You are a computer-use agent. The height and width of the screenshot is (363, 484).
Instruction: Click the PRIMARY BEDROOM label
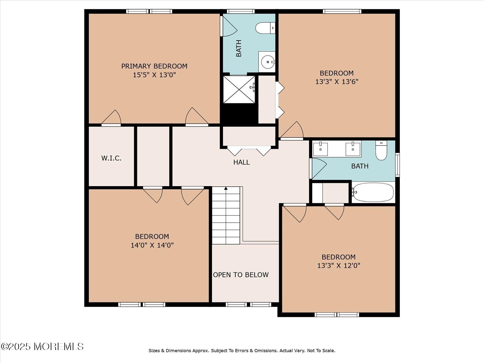(x=154, y=66)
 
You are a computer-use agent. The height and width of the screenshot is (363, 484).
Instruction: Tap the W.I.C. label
(x=111, y=158)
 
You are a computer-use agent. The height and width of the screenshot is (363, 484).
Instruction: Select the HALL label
(x=241, y=162)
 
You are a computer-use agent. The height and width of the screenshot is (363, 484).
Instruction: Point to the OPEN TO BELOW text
(x=241, y=275)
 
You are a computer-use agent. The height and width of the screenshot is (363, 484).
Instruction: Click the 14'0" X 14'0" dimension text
(x=152, y=245)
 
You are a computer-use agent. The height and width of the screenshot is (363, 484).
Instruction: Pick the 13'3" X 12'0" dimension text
(x=338, y=266)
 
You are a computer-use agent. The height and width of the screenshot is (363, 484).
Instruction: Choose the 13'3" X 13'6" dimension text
(x=337, y=82)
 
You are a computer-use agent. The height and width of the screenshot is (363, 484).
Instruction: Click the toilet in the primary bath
(x=265, y=28)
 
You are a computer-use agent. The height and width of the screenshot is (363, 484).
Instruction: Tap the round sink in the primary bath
(x=268, y=62)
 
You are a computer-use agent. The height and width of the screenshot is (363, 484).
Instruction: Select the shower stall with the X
(x=239, y=89)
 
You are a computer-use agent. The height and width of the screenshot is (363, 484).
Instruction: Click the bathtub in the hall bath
(x=373, y=192)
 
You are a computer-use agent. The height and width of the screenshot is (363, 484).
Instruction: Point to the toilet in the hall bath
(x=381, y=151)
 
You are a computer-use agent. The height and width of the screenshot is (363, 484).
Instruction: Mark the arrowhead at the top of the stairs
(x=226, y=188)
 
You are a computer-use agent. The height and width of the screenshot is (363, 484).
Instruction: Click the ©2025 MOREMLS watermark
(x=42, y=347)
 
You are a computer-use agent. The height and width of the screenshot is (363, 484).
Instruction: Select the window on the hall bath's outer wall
(x=397, y=165)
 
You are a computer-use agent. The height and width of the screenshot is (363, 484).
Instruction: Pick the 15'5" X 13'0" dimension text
(x=154, y=75)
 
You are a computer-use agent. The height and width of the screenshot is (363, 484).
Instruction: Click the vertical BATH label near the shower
(x=239, y=48)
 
